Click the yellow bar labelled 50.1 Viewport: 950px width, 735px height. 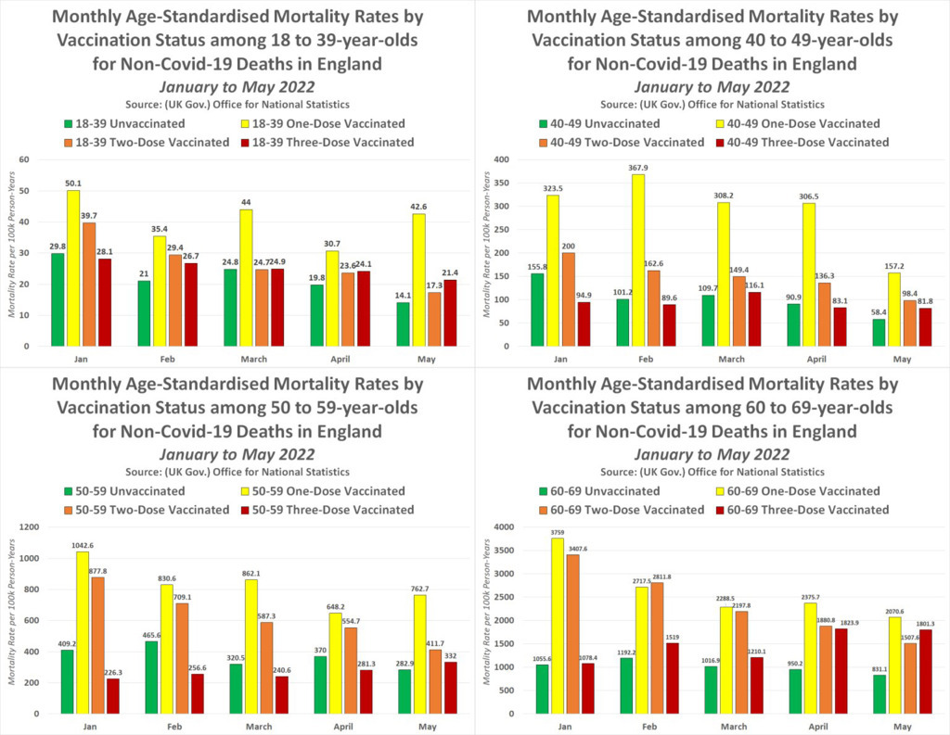[72, 268]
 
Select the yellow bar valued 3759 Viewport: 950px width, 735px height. [556, 626]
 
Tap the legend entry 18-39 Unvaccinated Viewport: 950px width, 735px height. [110, 124]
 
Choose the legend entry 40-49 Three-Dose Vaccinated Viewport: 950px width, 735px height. [802, 143]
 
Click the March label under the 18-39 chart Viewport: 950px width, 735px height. [260, 359]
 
